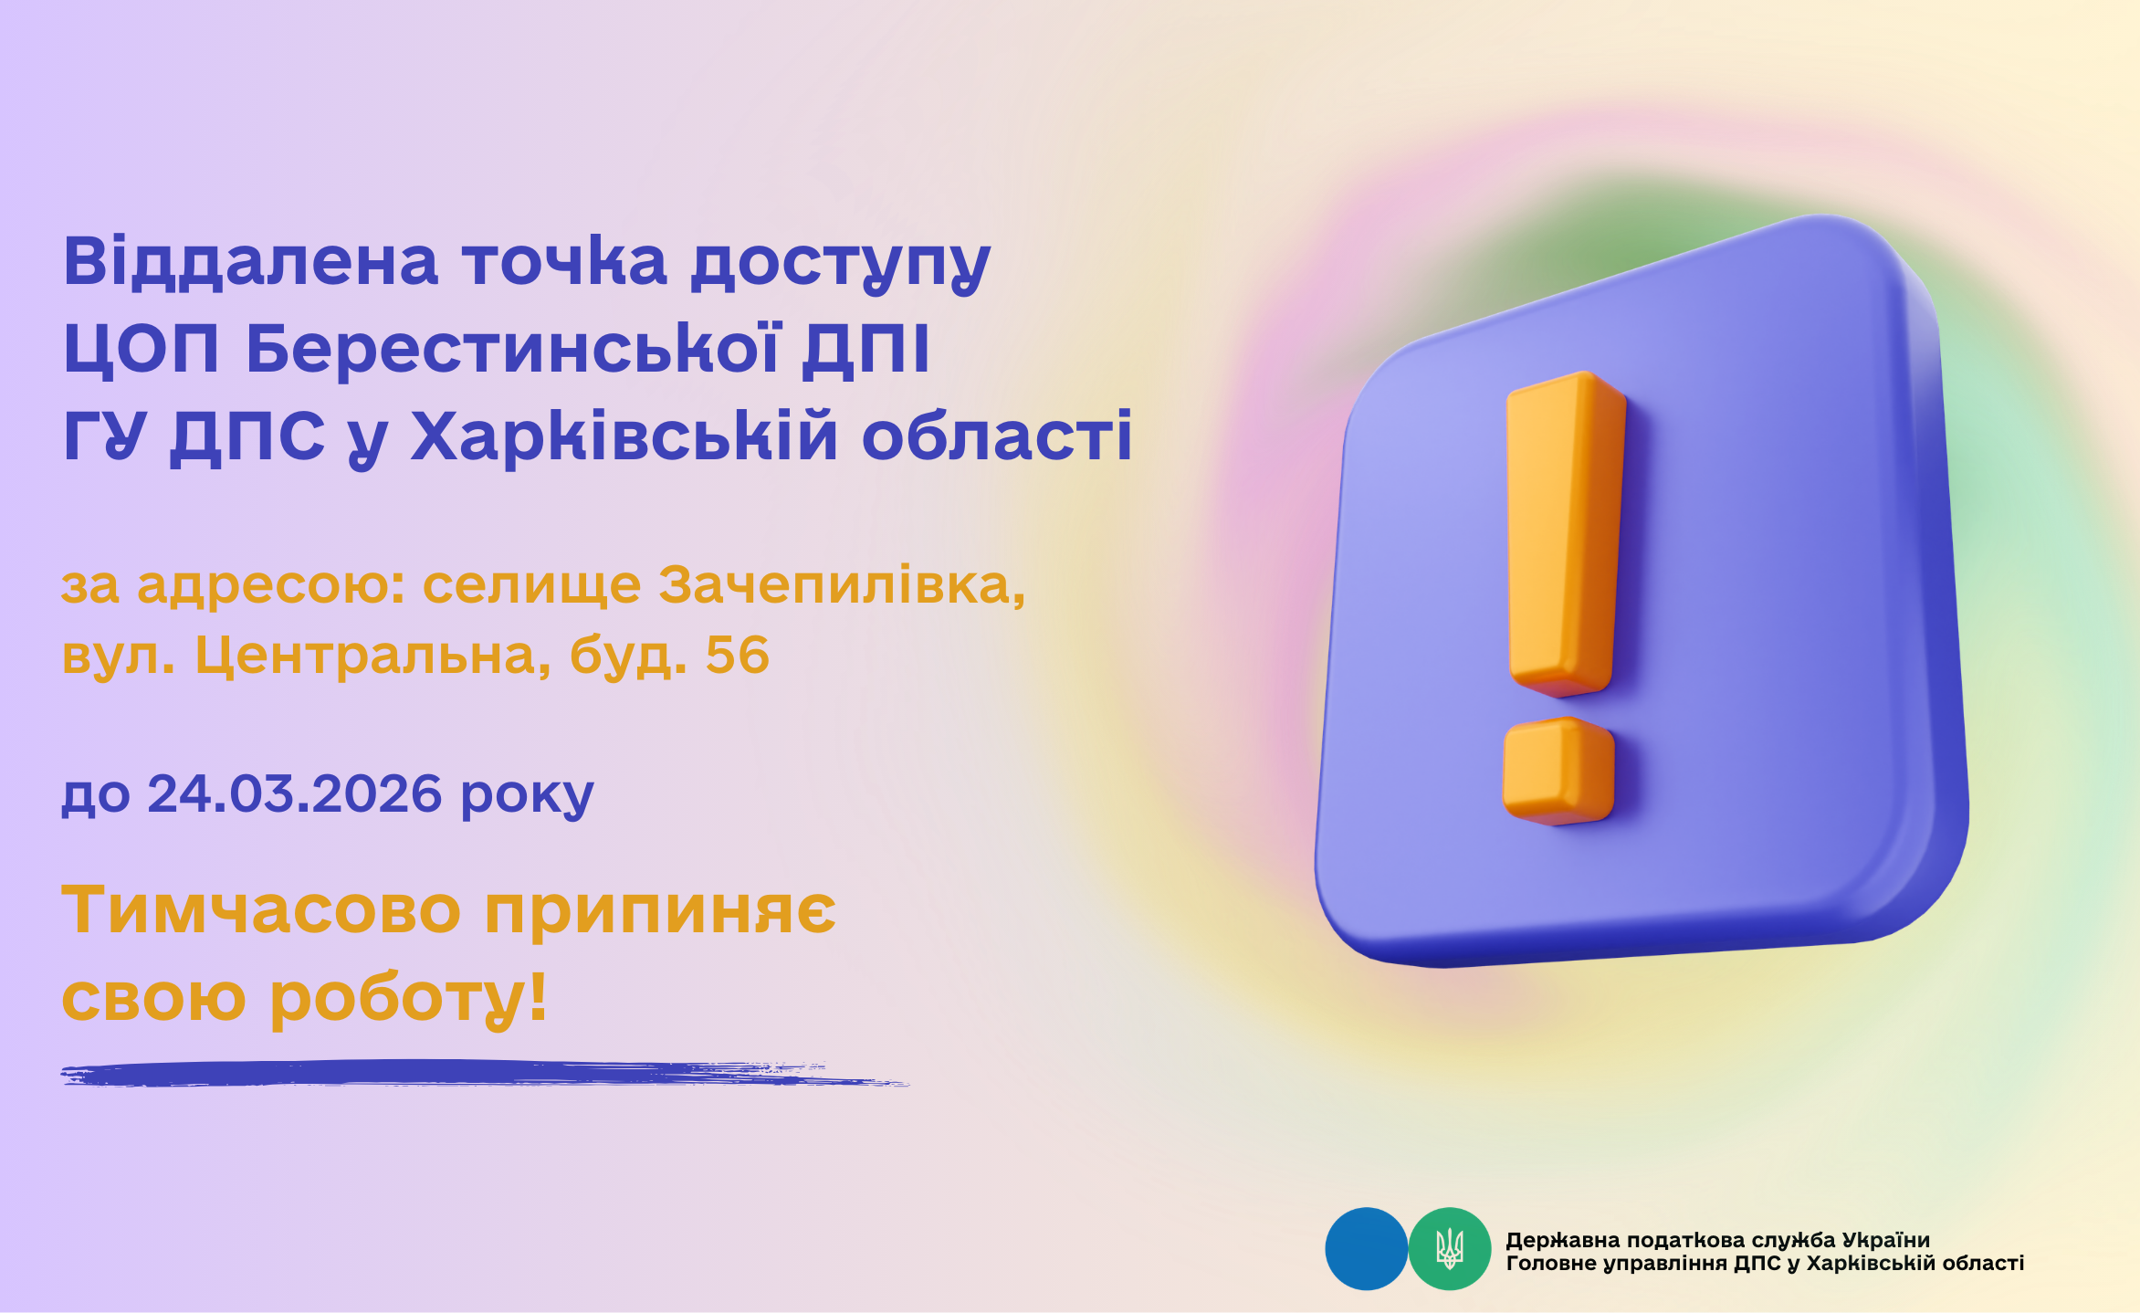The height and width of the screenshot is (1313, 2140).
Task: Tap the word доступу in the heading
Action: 841,266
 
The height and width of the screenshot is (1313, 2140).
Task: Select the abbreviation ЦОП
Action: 142,349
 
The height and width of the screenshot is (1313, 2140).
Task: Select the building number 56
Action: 738,655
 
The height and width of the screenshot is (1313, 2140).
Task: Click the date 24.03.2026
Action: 295,793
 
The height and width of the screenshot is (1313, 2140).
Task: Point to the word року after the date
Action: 528,797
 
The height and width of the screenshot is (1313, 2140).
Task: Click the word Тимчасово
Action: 261,910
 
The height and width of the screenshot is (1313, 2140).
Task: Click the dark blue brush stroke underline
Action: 484,1073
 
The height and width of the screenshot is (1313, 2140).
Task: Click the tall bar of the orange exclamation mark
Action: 1565,533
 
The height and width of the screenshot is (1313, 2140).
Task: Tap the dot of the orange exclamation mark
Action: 1558,771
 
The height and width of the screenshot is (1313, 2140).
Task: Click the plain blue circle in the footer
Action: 1366,1248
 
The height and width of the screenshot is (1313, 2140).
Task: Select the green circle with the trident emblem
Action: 1450,1248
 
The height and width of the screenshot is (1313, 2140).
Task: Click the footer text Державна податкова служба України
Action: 1717,1240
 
